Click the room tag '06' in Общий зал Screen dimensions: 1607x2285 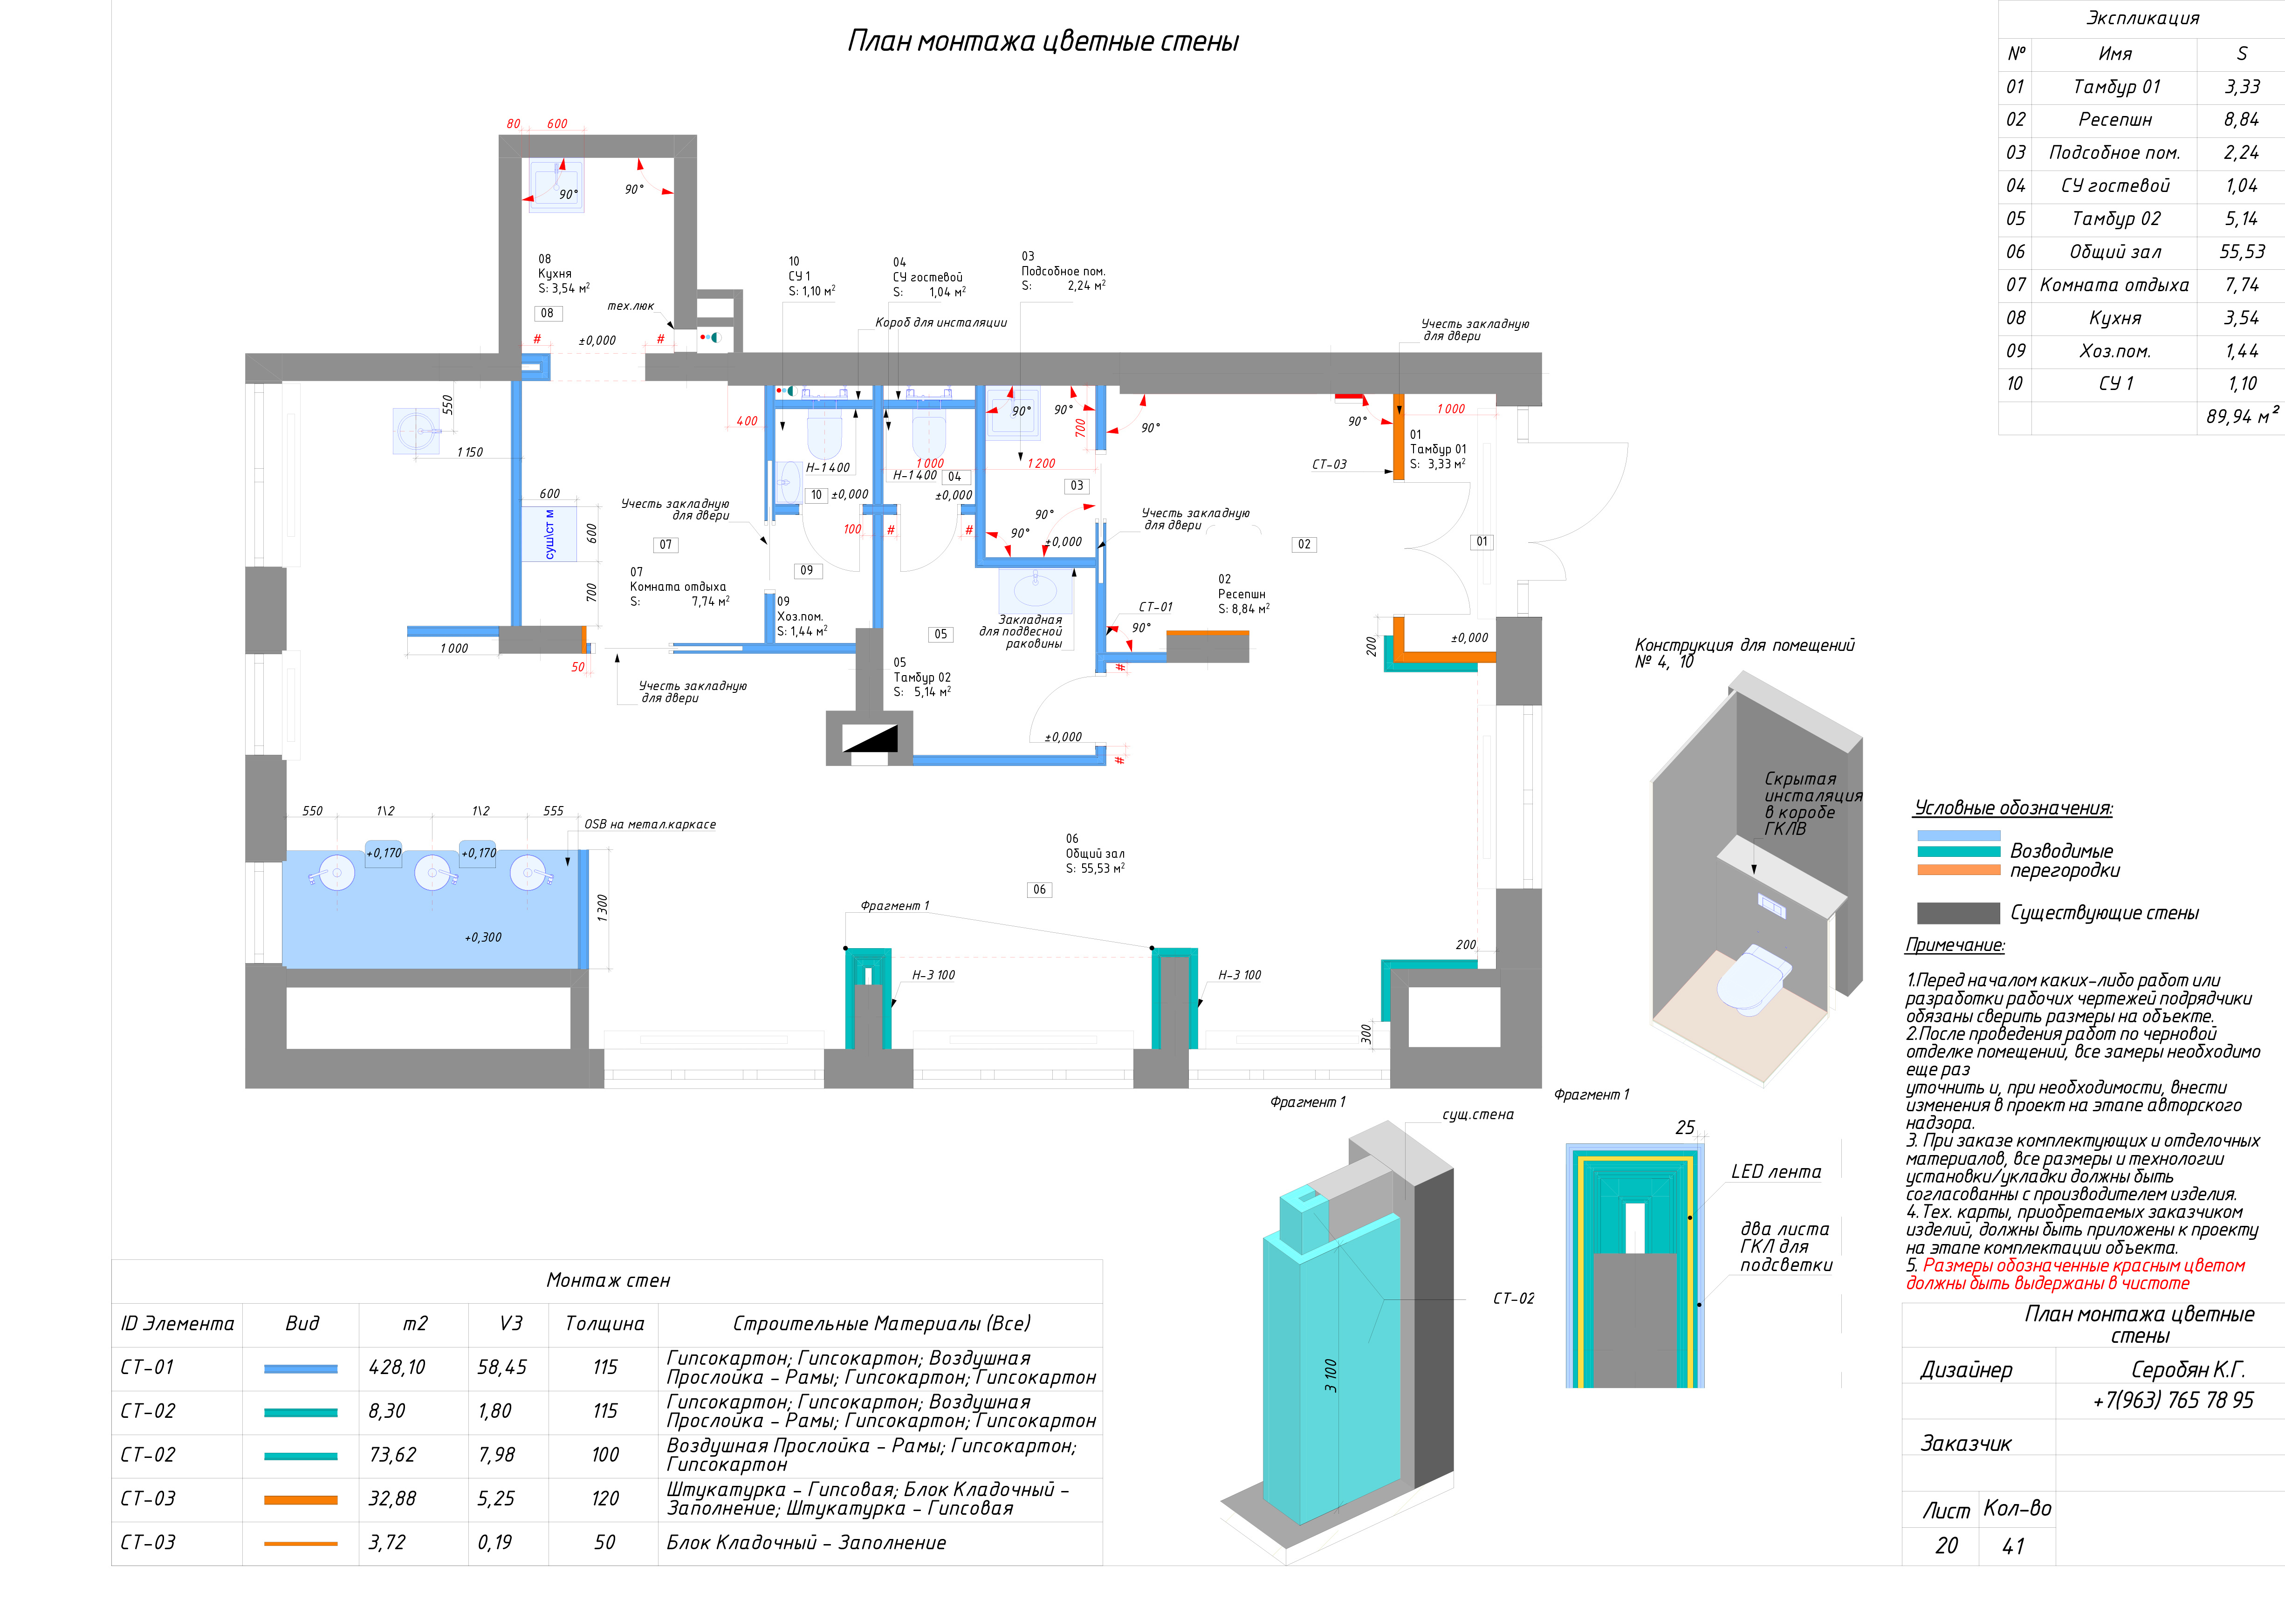click(1039, 889)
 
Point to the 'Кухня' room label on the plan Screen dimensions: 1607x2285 click(554, 274)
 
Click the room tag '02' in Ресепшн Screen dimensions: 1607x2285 click(1304, 544)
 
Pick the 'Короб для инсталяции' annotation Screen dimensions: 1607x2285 click(940, 322)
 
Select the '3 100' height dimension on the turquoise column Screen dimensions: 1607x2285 click(1331, 1375)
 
